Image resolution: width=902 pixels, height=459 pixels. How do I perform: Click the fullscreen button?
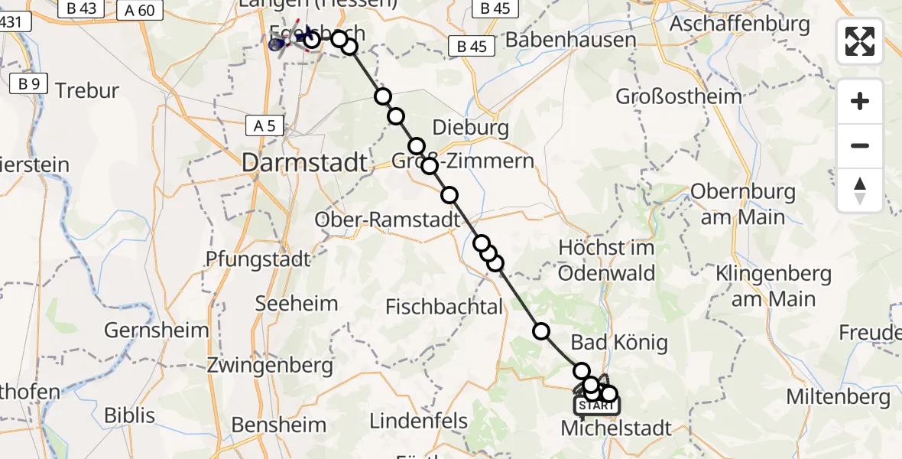pyautogui.click(x=860, y=41)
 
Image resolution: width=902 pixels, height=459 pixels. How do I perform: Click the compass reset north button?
pyautogui.click(x=860, y=190)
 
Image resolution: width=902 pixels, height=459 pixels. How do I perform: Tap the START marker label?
pyautogui.click(x=595, y=405)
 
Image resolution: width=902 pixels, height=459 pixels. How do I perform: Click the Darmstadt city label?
pyautogui.click(x=305, y=162)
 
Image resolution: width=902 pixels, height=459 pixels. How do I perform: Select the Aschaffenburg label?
pyautogui.click(x=739, y=24)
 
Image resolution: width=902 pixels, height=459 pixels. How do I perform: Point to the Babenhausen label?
pyautogui.click(x=570, y=40)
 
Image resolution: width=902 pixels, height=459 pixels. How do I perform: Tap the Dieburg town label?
pyautogui.click(x=470, y=128)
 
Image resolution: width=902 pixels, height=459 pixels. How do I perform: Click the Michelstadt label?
pyautogui.click(x=616, y=428)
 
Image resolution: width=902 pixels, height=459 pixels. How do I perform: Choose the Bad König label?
pyautogui.click(x=619, y=342)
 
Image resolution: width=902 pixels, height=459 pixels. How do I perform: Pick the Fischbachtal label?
pyautogui.click(x=444, y=308)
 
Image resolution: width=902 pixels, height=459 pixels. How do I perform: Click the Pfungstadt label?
pyautogui.click(x=258, y=259)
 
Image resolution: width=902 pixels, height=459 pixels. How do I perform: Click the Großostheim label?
pyautogui.click(x=679, y=96)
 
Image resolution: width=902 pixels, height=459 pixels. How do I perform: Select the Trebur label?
pyautogui.click(x=88, y=91)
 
